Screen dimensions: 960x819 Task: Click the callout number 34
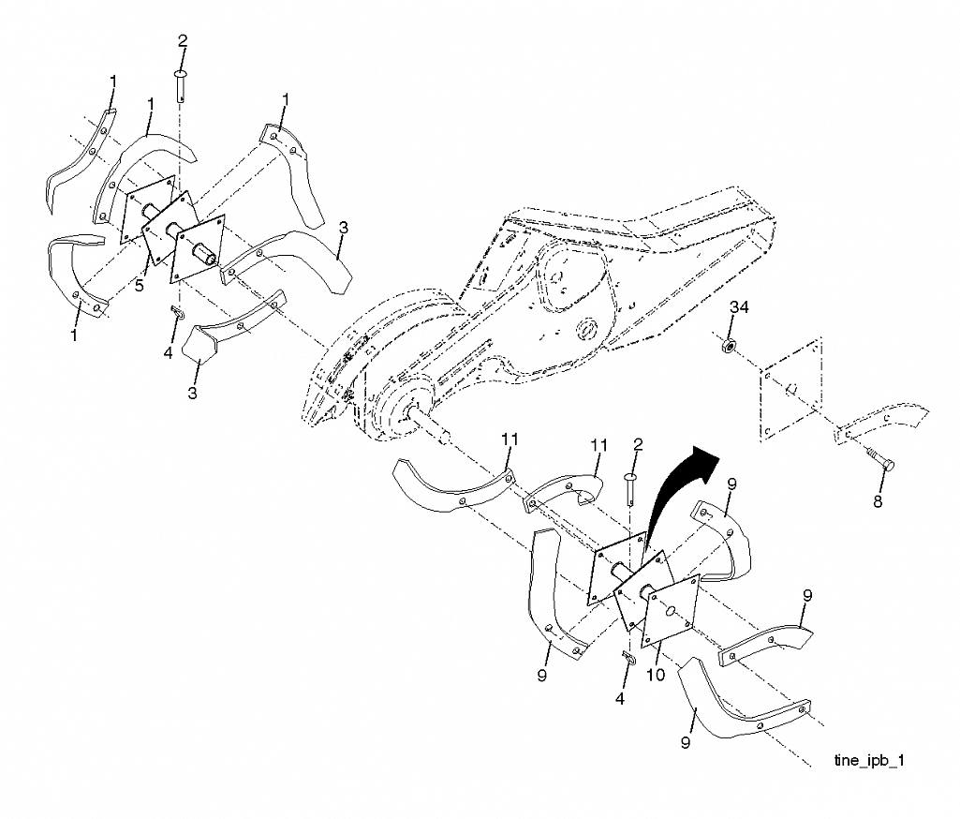tap(739, 306)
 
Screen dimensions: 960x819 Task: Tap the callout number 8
tap(878, 501)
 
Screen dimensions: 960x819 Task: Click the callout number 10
tap(655, 675)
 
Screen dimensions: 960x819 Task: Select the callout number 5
tap(139, 286)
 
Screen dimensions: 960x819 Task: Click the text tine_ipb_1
tap(869, 761)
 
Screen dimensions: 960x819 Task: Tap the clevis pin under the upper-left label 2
tap(181, 85)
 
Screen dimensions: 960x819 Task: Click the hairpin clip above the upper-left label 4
tap(178, 312)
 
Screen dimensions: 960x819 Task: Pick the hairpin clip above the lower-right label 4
tap(628, 656)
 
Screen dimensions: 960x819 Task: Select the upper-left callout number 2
tap(183, 41)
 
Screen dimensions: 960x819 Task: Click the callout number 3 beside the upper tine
tap(344, 228)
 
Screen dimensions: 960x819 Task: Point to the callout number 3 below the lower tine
tap(192, 393)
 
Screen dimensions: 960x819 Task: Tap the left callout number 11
tap(510, 439)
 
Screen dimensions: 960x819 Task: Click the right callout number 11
tap(598, 445)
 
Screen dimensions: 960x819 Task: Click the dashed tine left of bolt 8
tap(881, 422)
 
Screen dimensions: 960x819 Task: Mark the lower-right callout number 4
tap(620, 698)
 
